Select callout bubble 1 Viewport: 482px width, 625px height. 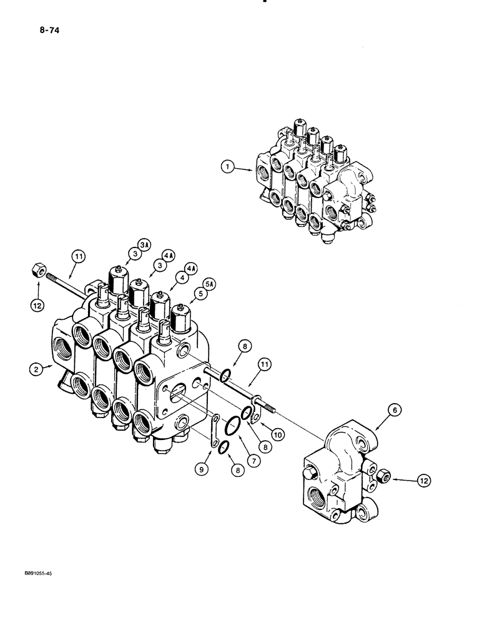(229, 166)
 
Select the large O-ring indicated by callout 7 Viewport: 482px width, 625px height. (230, 426)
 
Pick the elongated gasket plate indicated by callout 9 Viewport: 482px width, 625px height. (214, 431)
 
